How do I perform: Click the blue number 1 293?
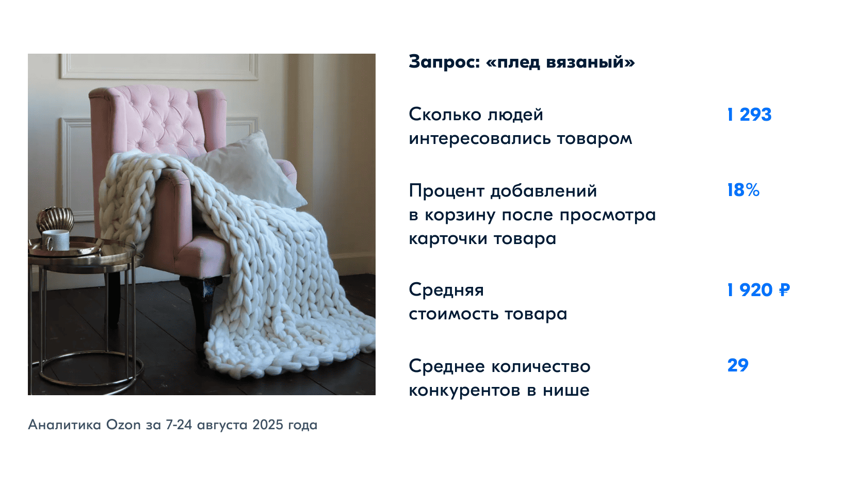coord(749,114)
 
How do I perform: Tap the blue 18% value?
coord(743,190)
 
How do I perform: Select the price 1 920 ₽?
coord(758,290)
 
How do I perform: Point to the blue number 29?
coord(738,365)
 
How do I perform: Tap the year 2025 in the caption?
coord(268,425)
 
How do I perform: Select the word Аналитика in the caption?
coord(64,425)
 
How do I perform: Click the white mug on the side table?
coord(56,239)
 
